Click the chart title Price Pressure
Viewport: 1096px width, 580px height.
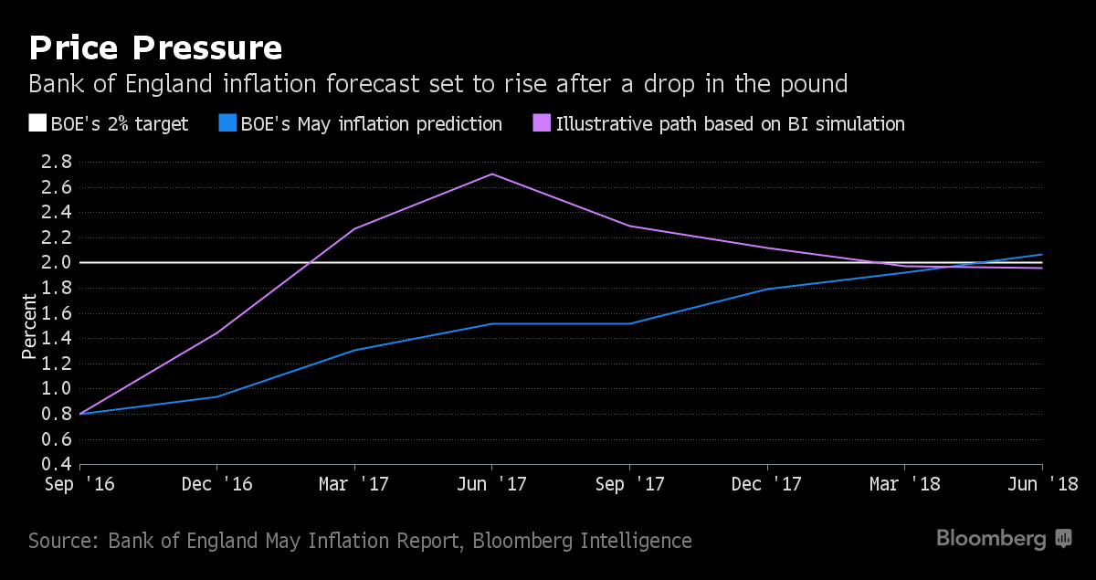click(155, 48)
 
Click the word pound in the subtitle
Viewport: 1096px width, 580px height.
click(814, 85)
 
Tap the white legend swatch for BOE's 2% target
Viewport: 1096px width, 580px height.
click(37, 123)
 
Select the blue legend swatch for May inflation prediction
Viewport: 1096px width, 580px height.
click(227, 123)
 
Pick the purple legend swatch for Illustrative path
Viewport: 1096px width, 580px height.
click(542, 123)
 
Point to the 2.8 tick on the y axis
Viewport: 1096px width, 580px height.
click(57, 162)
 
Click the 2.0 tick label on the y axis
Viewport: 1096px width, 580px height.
click(57, 262)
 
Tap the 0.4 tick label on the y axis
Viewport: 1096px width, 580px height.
click(57, 463)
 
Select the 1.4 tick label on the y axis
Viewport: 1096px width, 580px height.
click(57, 338)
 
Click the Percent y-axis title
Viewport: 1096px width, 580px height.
click(29, 326)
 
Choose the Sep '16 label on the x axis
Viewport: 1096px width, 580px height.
click(79, 484)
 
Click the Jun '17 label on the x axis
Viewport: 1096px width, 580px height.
click(491, 484)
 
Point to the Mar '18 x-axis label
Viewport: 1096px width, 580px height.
click(905, 484)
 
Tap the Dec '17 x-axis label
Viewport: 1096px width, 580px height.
click(766, 484)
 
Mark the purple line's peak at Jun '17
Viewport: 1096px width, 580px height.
click(491, 174)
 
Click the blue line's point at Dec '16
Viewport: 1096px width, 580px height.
click(216, 397)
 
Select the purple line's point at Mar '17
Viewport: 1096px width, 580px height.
click(354, 228)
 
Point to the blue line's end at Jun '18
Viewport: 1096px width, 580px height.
click(1042, 255)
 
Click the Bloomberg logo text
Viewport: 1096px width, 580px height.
click(991, 538)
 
